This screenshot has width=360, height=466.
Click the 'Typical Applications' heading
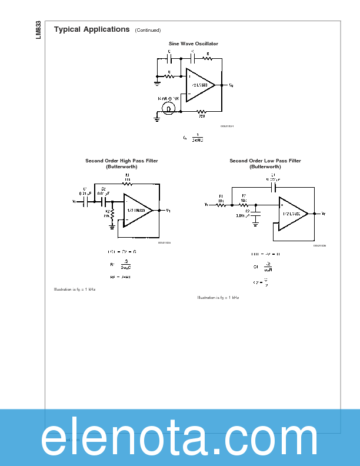[92, 29]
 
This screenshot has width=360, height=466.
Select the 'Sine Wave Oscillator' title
[193, 44]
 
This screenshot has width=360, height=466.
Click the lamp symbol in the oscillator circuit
[169, 109]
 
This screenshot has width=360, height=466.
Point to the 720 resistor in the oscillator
[201, 111]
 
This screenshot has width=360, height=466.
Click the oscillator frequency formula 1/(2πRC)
[194, 138]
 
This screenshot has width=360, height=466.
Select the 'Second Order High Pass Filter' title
[122, 161]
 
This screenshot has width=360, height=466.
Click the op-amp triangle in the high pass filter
[136, 210]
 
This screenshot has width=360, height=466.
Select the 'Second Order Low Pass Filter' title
[265, 161]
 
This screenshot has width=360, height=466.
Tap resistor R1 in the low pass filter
[222, 204]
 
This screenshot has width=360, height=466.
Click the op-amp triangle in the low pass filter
[292, 213]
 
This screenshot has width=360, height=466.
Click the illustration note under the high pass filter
[75, 289]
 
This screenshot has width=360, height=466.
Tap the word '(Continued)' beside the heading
[148, 31]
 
